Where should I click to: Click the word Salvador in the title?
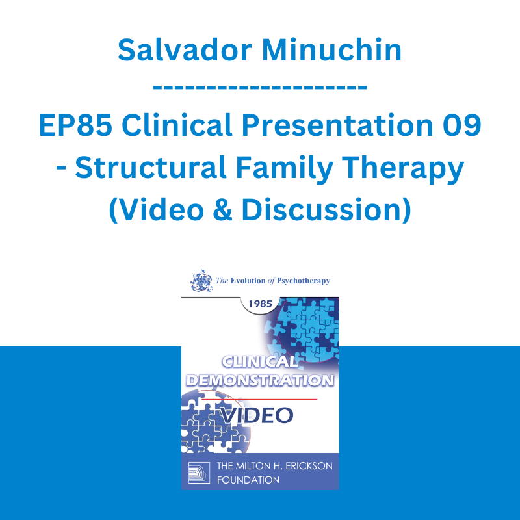185,50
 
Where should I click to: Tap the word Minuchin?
332,50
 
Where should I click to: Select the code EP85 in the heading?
75,125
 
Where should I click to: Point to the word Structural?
151,168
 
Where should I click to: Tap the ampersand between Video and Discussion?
222,210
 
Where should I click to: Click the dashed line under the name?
259,87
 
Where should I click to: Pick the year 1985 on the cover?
261,304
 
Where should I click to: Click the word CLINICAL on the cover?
260,362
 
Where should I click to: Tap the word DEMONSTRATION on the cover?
260,380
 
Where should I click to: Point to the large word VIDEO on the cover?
257,415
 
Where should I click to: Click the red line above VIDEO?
259,399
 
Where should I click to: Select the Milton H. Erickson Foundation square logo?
199,473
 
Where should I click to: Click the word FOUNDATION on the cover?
248,480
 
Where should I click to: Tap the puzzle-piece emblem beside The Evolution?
201,281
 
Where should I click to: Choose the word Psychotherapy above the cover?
304,281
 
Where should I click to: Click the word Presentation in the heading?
337,125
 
